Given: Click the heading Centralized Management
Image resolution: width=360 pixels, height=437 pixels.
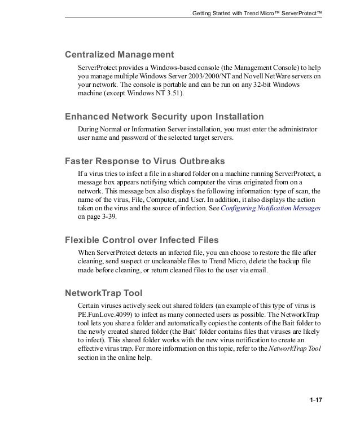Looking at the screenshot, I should [x=118, y=55].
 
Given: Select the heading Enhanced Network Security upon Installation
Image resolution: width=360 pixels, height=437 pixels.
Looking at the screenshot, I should [x=164, y=117].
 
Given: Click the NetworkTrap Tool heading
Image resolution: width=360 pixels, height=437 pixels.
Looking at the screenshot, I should [x=104, y=293].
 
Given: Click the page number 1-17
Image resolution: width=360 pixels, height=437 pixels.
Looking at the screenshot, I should [x=315, y=401].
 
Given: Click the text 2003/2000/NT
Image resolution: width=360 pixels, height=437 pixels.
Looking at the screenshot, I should [x=211, y=76].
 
